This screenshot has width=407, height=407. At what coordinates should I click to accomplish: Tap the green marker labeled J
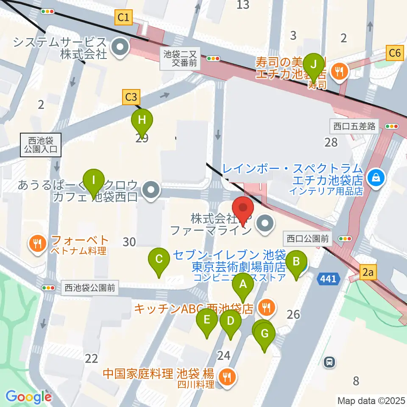tap(314, 64)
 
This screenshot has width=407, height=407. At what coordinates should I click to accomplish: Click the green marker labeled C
tap(159, 259)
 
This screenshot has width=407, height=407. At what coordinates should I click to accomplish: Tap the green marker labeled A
tap(243, 284)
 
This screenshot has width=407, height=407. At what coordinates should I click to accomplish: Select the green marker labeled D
tap(230, 321)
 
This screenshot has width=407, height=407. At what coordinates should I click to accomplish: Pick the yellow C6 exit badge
tap(394, 53)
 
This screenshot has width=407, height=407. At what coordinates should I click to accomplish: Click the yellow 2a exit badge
tap(368, 273)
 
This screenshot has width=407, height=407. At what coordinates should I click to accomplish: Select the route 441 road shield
tap(328, 279)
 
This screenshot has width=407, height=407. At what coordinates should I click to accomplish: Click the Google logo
tap(29, 397)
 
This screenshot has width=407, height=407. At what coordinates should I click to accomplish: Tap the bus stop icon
tap(329, 362)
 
